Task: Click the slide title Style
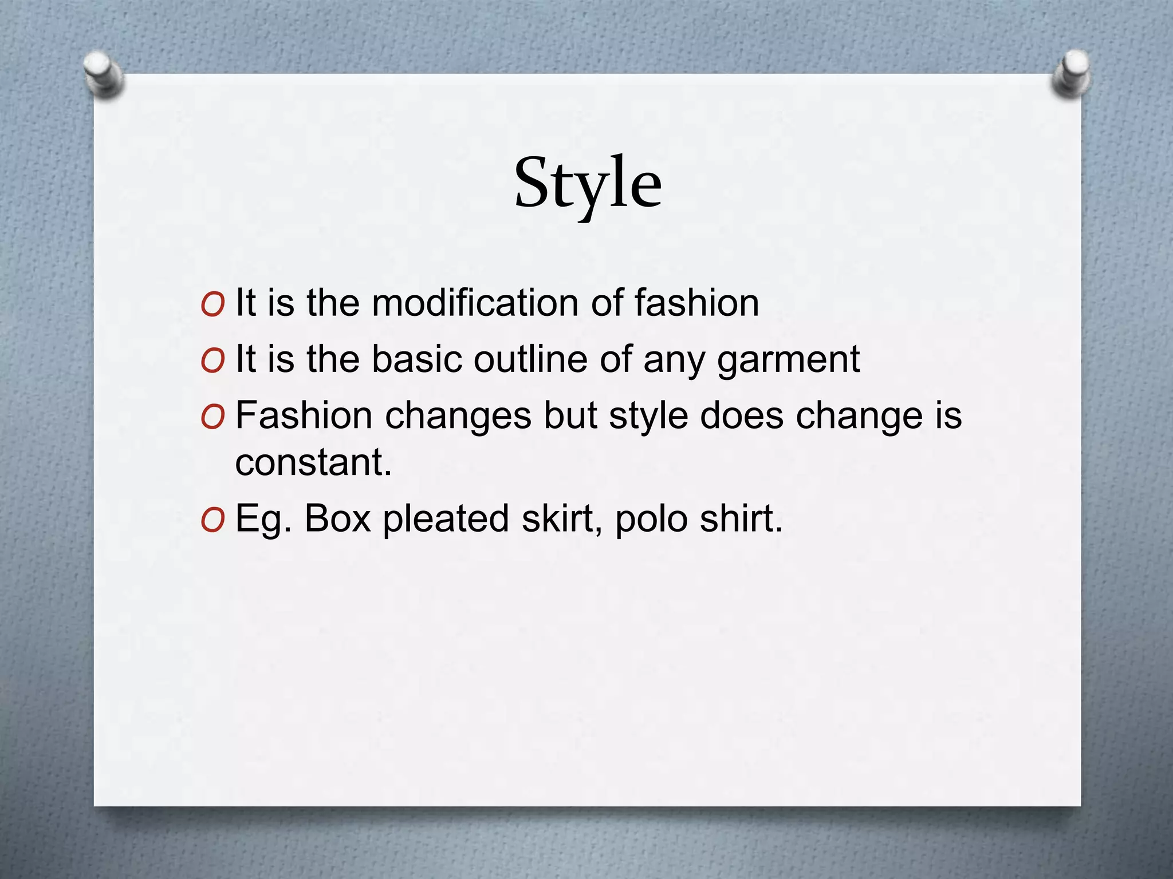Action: pyautogui.click(x=588, y=184)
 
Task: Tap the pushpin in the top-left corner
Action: pyautogui.click(x=103, y=74)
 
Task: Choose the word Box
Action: pyautogui.click(x=337, y=518)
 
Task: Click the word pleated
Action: pyautogui.click(x=446, y=520)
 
